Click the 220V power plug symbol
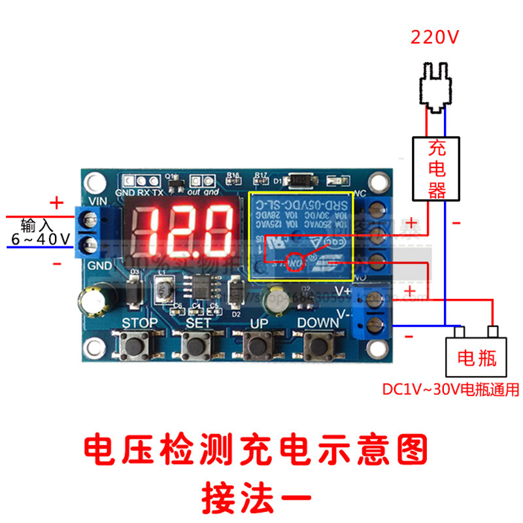coord(436,85)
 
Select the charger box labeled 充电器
coord(436,169)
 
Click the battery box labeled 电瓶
coord(477,357)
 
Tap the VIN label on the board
coord(96,201)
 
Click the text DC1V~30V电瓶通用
coord(451,390)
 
